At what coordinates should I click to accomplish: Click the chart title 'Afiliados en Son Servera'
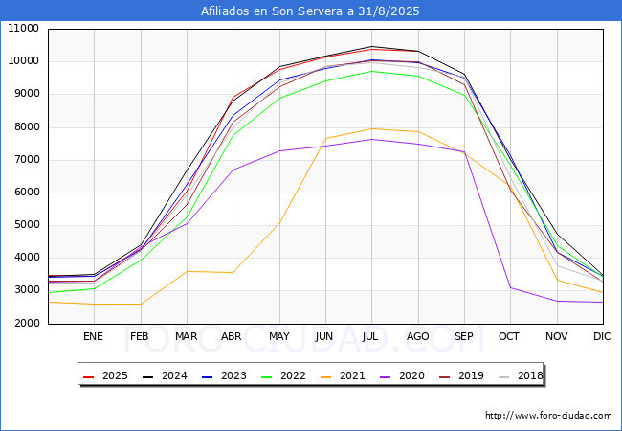click(x=310, y=11)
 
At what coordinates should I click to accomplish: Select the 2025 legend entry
click(x=107, y=375)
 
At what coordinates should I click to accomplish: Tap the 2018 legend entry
click(x=522, y=375)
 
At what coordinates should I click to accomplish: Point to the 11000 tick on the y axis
click(x=23, y=29)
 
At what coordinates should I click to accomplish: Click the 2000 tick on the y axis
click(x=26, y=324)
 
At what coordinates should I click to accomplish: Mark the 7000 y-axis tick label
click(x=26, y=160)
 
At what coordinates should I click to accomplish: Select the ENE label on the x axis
click(x=93, y=336)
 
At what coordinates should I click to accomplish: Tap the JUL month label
click(x=370, y=336)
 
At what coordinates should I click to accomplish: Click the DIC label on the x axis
click(x=602, y=336)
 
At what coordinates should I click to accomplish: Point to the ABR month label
click(x=232, y=336)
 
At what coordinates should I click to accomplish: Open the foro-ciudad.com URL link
click(x=548, y=416)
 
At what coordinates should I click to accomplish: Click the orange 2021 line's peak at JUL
click(x=370, y=128)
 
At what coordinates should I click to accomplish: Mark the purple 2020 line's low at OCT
click(x=510, y=287)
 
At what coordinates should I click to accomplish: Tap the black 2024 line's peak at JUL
click(x=370, y=46)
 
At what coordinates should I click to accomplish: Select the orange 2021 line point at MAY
click(x=278, y=222)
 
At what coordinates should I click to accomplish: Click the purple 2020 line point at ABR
click(x=233, y=170)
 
